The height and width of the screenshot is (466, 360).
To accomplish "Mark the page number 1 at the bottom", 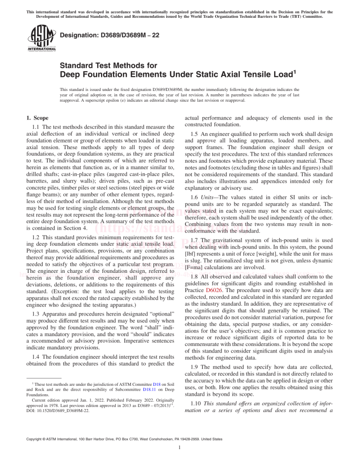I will [x=180, y=460].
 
